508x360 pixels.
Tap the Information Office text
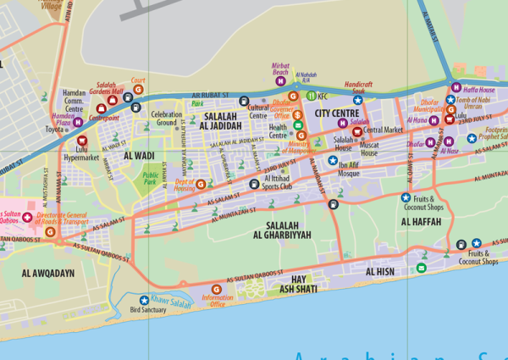[x=218, y=301]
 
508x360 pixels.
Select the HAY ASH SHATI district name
[x=297, y=284]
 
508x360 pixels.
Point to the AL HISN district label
[x=380, y=272]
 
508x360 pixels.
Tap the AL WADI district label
[x=139, y=156]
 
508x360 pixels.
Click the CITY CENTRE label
[x=336, y=112]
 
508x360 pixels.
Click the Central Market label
[x=382, y=130]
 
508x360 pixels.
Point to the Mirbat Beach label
[x=281, y=69]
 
